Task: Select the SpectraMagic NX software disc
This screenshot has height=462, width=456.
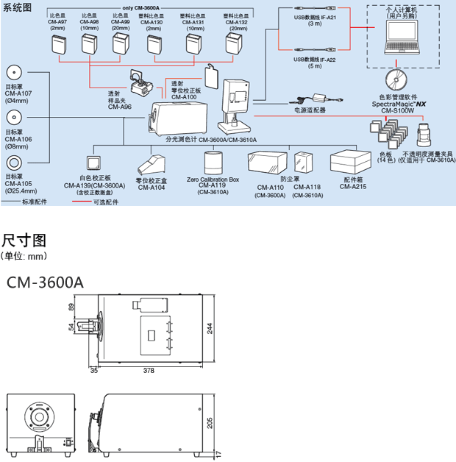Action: (397, 77)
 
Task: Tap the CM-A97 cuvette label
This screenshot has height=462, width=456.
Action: (58, 22)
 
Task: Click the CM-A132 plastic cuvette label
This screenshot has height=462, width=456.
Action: (238, 22)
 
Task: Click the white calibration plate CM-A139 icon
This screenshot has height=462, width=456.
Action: (96, 164)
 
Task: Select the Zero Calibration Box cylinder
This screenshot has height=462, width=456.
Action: (214, 163)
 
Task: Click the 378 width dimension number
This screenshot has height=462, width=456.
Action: (149, 371)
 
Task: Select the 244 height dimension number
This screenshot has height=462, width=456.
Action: (210, 329)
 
